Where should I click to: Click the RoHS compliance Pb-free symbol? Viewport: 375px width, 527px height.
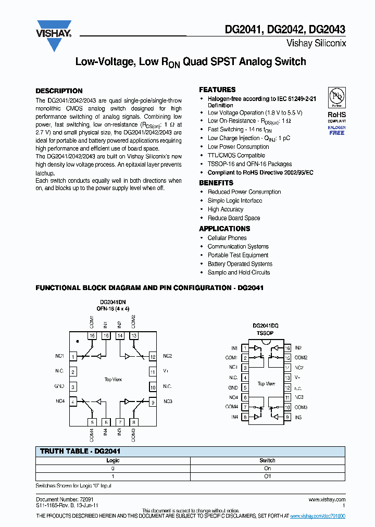point(337,97)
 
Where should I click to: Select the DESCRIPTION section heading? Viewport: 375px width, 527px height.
point(59,91)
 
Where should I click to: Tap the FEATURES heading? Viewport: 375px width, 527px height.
point(217,90)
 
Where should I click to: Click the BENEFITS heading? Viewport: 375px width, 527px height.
point(216,183)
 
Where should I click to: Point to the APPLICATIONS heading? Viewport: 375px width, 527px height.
point(224,229)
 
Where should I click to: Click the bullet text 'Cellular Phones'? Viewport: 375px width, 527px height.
point(227,238)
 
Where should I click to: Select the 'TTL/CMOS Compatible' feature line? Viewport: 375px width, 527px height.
point(236,155)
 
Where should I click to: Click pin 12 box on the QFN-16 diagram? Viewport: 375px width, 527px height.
point(153,357)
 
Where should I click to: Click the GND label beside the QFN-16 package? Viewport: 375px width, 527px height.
point(59,387)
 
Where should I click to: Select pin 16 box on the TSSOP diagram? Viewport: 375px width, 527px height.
point(287,348)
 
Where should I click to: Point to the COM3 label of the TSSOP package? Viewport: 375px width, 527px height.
point(301,407)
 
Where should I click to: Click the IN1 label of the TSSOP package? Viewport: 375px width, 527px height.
point(234,348)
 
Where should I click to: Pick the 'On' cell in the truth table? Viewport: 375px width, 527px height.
point(267,468)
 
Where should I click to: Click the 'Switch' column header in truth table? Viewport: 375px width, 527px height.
point(267,460)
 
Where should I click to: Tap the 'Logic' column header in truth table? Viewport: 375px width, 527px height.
point(113,460)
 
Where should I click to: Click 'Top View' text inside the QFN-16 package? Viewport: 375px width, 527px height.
point(114,380)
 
